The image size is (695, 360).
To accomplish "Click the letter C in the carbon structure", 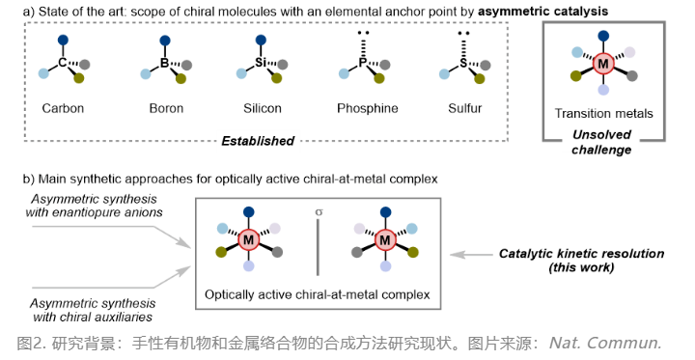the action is click(63, 63).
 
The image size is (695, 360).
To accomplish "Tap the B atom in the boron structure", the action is click(164, 63).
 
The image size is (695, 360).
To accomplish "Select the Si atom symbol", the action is click(261, 63).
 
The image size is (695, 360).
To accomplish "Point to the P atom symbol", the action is click(363, 63).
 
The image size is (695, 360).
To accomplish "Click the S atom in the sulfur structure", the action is click(463, 63).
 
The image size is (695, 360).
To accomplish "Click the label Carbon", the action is click(63, 108).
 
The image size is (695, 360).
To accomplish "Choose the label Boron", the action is click(166, 108).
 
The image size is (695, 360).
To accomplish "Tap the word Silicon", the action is click(263, 108).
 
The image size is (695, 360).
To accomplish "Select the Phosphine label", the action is click(368, 108).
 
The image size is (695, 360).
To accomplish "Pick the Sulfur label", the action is click(465, 108).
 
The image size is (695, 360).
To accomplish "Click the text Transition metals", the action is click(603, 114).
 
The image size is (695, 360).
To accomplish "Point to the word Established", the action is click(258, 141).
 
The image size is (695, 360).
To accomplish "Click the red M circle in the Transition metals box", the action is click(603, 64).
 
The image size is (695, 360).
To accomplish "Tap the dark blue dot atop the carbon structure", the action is click(63, 40).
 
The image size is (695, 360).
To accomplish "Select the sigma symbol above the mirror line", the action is click(319, 212).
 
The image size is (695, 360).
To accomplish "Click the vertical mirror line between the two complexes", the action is click(318, 247).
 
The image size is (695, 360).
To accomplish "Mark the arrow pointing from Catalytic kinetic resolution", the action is click(471, 255).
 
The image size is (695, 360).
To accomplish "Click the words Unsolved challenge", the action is click(601, 142).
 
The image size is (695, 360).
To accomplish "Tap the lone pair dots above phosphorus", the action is click(364, 33).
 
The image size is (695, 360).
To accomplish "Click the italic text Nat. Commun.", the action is click(605, 344).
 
